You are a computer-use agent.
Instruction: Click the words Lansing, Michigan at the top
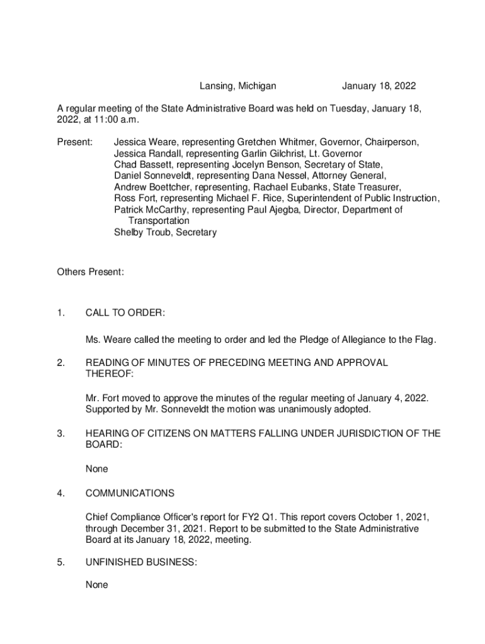[238, 86]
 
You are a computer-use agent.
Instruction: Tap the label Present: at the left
[75, 142]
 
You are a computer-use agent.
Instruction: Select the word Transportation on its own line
[159, 221]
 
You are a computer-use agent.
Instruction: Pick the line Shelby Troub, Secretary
[165, 233]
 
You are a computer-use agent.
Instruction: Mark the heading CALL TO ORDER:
[125, 313]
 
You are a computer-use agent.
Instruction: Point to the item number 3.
[60, 433]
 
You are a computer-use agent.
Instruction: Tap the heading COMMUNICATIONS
[130, 493]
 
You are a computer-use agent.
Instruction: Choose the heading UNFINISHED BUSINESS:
[142, 563]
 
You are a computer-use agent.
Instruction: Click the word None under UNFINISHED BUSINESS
[97, 585]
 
